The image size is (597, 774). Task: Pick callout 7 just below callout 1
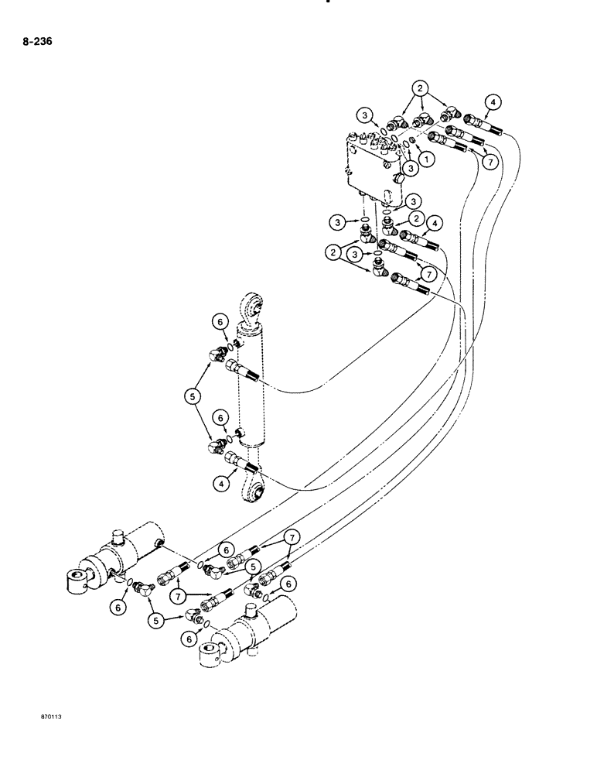(x=489, y=163)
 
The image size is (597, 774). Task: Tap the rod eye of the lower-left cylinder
(x=78, y=580)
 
